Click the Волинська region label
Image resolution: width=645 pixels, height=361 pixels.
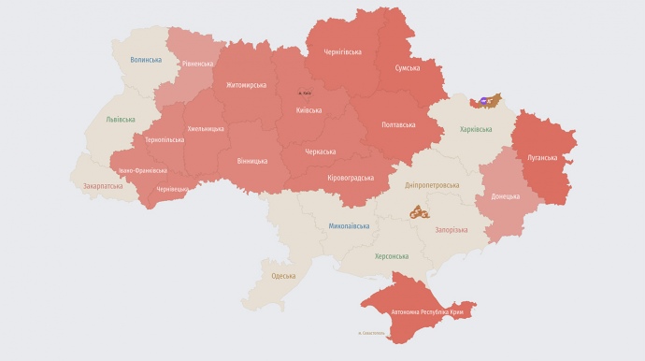pyautogui.click(x=146, y=60)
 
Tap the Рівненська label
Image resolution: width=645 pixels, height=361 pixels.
pyautogui.click(x=197, y=64)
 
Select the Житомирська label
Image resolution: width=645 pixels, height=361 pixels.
pyautogui.click(x=246, y=85)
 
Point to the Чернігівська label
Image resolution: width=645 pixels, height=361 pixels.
pyautogui.click(x=341, y=52)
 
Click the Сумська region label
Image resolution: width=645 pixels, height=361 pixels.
pyautogui.click(x=408, y=68)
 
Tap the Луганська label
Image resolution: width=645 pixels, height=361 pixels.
pyautogui.click(x=541, y=158)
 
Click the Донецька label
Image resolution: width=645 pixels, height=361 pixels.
pyautogui.click(x=506, y=196)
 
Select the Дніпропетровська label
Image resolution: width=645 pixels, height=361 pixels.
pyautogui.click(x=432, y=185)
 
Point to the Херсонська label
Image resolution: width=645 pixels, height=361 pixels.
pyautogui.click(x=392, y=256)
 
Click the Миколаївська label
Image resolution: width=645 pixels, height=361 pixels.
pyautogui.click(x=349, y=226)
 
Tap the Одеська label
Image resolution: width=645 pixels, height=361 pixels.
pyautogui.click(x=283, y=276)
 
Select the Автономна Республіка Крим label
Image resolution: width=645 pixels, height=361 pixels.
pyautogui.click(x=419, y=310)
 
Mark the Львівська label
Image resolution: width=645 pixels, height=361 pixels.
pyautogui.click(x=121, y=120)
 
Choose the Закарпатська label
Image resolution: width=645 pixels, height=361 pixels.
pyautogui.click(x=104, y=186)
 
